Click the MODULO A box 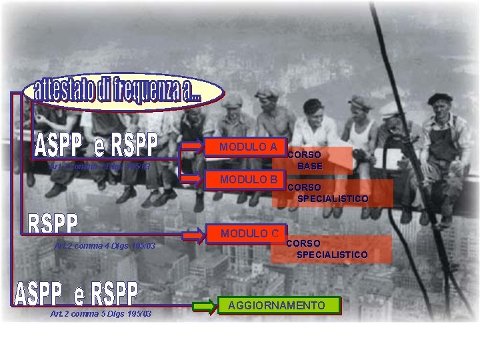click(249, 147)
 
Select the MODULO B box click(249, 179)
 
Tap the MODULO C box click(249, 233)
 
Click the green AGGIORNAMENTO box click(277, 305)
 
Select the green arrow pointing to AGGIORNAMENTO click(205, 307)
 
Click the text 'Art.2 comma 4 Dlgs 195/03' click(105, 246)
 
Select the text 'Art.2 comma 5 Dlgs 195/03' click(101, 314)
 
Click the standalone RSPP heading click(53, 224)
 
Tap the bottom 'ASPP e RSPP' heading click(76, 293)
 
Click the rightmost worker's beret click(439, 98)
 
